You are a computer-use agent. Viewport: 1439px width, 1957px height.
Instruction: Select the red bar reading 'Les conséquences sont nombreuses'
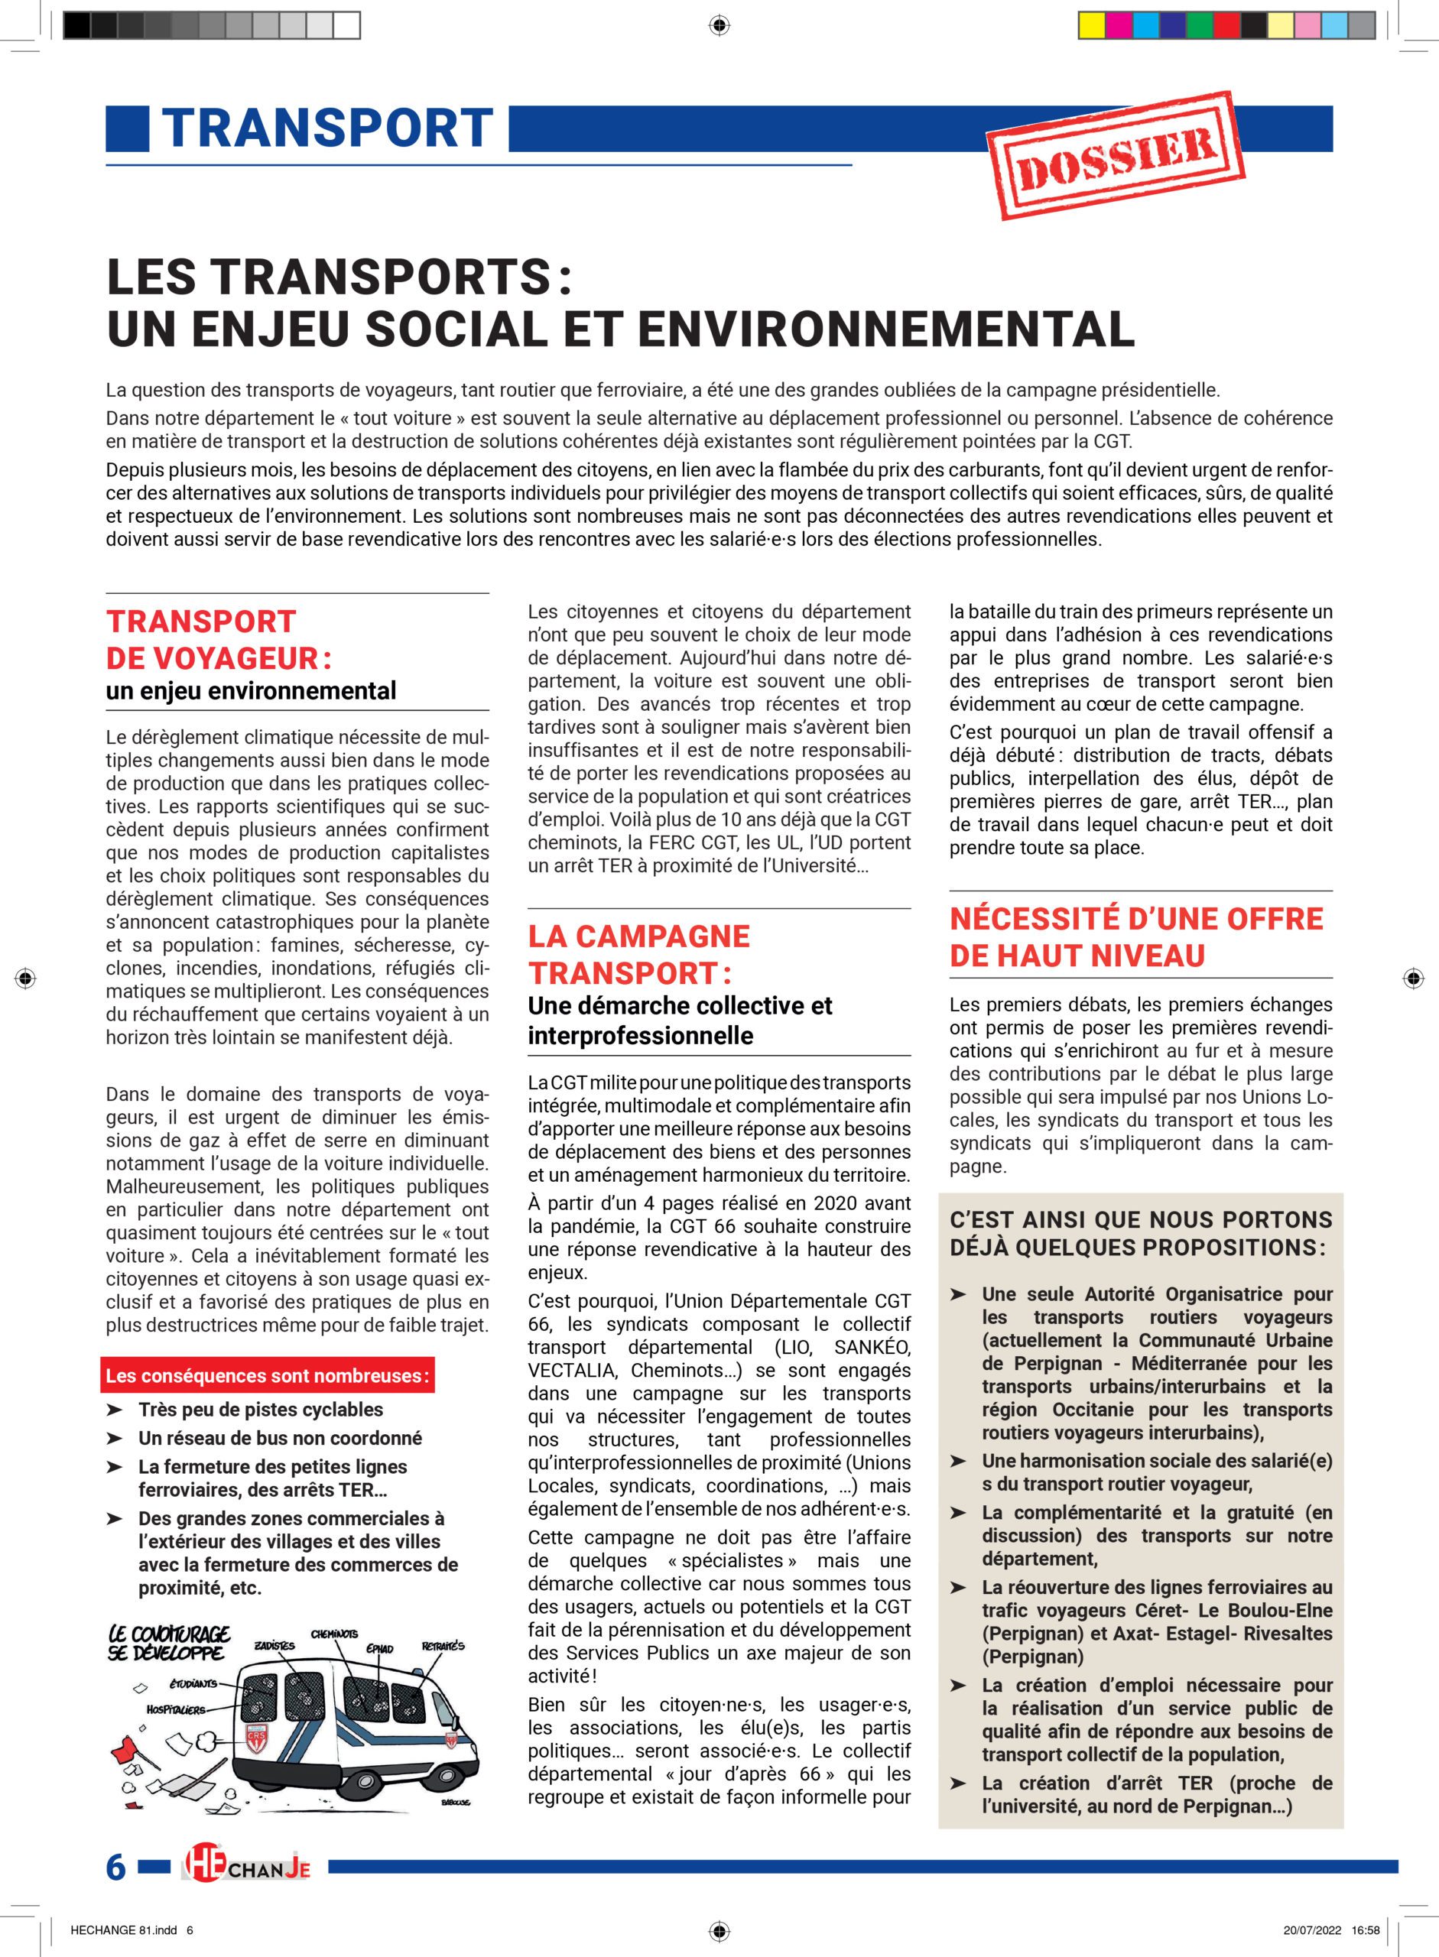pyautogui.click(x=268, y=1376)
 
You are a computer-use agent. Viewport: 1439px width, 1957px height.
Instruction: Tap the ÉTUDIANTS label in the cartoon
pyautogui.click(x=193, y=1684)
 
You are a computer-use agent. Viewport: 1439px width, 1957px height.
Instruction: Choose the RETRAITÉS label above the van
pyautogui.click(x=443, y=1646)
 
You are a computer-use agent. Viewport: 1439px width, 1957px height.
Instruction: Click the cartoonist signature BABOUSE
pyautogui.click(x=456, y=1802)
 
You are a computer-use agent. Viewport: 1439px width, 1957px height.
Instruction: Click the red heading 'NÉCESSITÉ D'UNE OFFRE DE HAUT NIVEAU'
pyautogui.click(x=1136, y=937)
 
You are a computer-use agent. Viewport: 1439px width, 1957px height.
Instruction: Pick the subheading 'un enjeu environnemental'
pyautogui.click(x=251, y=690)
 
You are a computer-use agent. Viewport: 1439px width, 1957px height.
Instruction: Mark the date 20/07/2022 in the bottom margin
pyautogui.click(x=1312, y=1929)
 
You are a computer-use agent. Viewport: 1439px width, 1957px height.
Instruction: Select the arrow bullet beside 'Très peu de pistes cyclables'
pyautogui.click(x=114, y=1409)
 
